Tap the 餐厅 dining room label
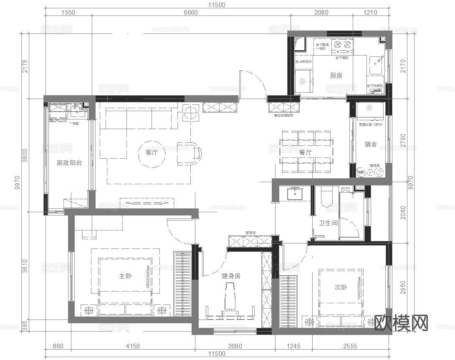click(305, 153)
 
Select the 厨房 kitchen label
click(336, 76)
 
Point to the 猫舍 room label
click(371, 145)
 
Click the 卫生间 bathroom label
click(328, 223)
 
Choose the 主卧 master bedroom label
click(125, 276)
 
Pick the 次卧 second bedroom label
click(341, 287)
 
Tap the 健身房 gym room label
click(231, 276)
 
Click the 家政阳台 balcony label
click(69, 163)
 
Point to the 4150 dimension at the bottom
click(132, 346)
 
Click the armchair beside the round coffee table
click(190, 153)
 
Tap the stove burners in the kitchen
click(343, 43)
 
